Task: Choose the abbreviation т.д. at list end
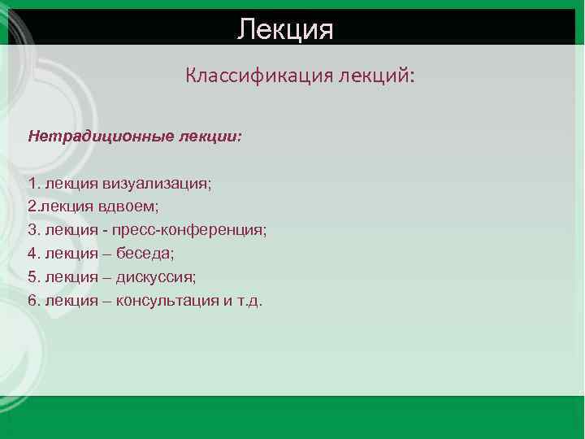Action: pos(248,300)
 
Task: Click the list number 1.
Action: pos(32,184)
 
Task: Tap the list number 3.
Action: pos(32,230)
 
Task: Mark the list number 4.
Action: pos(32,254)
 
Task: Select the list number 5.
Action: pos(32,276)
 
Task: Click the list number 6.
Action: pos(32,300)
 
